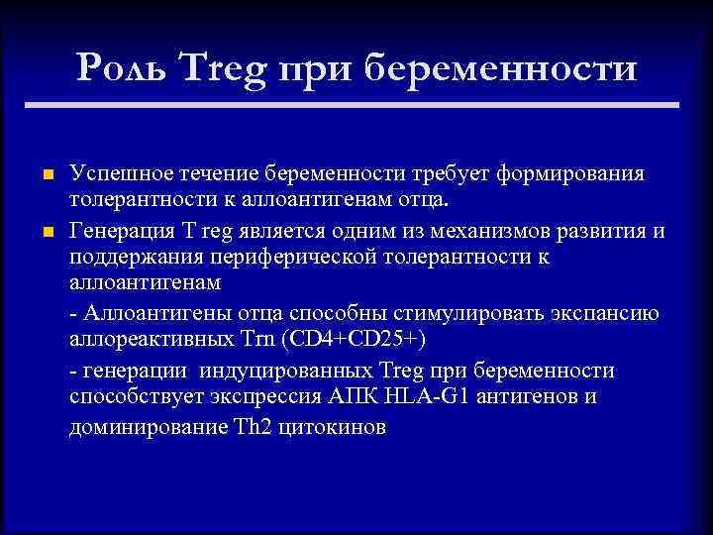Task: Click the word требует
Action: (445, 174)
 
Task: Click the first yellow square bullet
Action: (47, 175)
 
